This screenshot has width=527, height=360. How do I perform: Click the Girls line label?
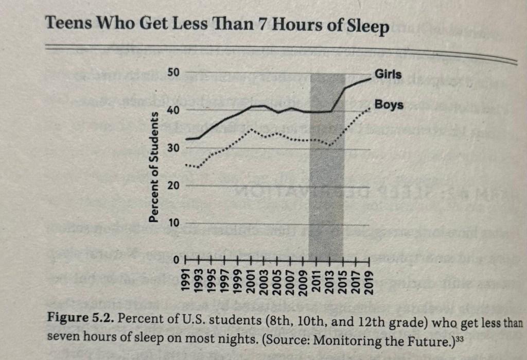388,75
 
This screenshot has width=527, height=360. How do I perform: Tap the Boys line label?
389,106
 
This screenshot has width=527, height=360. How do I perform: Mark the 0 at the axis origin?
175,261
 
